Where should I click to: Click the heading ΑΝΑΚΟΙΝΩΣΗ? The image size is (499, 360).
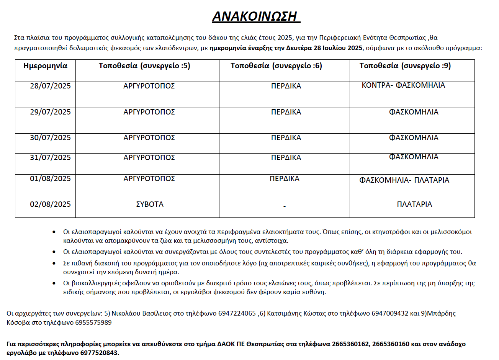tap(256, 16)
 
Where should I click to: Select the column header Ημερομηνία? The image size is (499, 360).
tap(45, 66)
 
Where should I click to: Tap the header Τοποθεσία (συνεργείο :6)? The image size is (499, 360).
tap(276, 66)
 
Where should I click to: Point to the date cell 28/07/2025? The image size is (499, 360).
tap(50, 86)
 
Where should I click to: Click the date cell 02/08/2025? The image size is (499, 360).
tap(50, 205)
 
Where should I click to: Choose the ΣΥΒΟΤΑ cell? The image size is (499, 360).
tap(150, 205)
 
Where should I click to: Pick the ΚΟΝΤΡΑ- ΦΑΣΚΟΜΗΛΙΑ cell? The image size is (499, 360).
tap(403, 85)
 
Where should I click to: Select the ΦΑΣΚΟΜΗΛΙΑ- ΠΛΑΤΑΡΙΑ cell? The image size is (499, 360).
tap(404, 180)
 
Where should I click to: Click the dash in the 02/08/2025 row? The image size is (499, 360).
tap(285, 206)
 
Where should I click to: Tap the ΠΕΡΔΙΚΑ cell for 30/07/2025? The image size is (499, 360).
tap(286, 138)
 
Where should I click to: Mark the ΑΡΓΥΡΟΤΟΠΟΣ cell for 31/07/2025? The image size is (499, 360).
tap(149, 158)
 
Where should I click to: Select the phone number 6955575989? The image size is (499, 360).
tap(93, 322)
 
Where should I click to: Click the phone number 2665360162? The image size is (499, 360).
tap(350, 344)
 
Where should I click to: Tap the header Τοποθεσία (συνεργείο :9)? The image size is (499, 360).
tap(405, 66)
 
